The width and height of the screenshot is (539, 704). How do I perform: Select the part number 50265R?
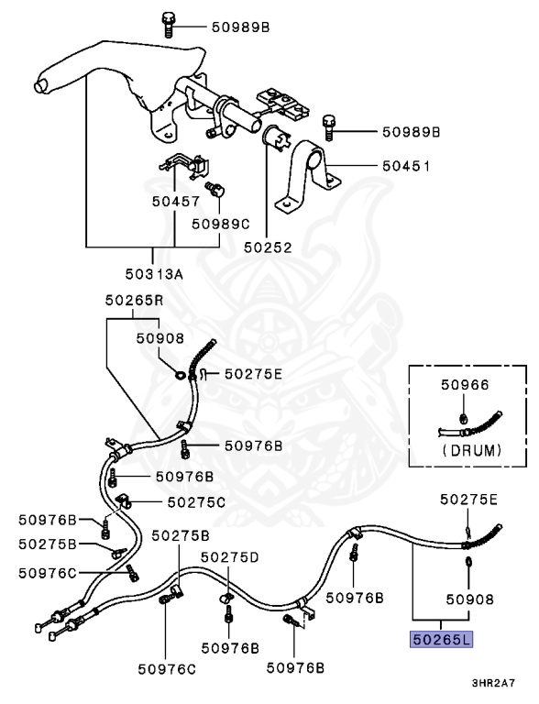(x=134, y=299)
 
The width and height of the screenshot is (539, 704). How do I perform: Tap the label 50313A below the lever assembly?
(x=153, y=274)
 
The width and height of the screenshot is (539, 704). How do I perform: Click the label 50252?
(x=266, y=247)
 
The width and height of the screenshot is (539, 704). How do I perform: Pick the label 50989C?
(x=220, y=223)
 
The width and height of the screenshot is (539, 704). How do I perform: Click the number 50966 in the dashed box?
(x=465, y=387)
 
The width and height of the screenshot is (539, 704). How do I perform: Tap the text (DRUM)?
(x=471, y=450)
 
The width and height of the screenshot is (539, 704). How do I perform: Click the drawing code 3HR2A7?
(x=493, y=684)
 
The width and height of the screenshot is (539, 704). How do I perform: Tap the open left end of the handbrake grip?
(x=39, y=85)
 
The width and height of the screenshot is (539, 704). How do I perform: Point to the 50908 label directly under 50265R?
(x=160, y=337)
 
